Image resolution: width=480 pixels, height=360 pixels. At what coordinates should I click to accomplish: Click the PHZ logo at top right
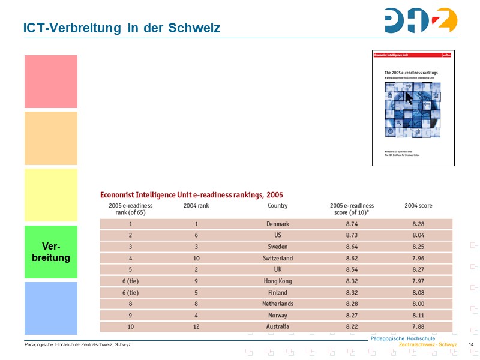pyautogui.click(x=421, y=20)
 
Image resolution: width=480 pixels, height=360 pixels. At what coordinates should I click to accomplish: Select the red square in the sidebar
pyautogui.click(x=51, y=82)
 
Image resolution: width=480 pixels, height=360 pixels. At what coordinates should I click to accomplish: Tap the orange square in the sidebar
pyautogui.click(x=51, y=138)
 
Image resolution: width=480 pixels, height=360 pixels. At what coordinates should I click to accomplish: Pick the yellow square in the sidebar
pyautogui.click(x=51, y=195)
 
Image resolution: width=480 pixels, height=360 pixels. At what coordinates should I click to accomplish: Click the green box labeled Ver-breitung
pyautogui.click(x=51, y=252)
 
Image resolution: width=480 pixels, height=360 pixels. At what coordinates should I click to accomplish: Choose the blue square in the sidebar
pyautogui.click(x=51, y=308)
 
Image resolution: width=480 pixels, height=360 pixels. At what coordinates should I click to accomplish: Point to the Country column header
pyautogui.click(x=278, y=206)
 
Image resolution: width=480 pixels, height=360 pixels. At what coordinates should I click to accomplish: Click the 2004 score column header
pyautogui.click(x=418, y=206)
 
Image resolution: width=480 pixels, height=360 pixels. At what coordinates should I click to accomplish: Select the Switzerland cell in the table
pyautogui.click(x=278, y=258)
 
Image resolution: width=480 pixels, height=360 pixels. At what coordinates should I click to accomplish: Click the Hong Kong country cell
pyautogui.click(x=278, y=281)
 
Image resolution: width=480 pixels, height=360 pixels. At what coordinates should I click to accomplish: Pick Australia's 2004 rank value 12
pyautogui.click(x=196, y=326)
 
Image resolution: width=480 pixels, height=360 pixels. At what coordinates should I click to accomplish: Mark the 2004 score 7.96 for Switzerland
pyautogui.click(x=418, y=258)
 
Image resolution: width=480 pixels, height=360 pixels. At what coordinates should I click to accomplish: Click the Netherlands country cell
pyautogui.click(x=278, y=304)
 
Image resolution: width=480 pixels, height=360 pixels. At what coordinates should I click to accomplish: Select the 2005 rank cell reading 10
pyautogui.click(x=130, y=326)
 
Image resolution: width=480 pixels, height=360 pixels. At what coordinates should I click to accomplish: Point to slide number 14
pyautogui.click(x=471, y=344)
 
